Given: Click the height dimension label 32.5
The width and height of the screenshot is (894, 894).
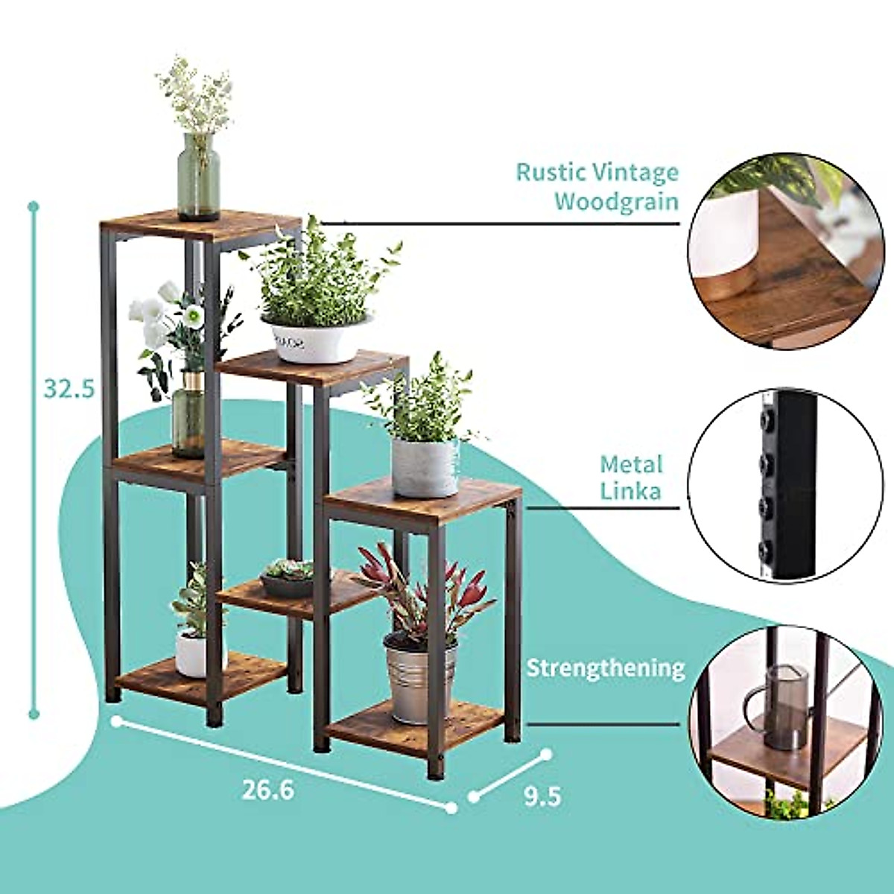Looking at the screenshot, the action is [69, 388].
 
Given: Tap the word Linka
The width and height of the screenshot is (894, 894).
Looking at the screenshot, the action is [632, 492].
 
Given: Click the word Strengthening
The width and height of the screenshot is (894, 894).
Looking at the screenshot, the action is [605, 668].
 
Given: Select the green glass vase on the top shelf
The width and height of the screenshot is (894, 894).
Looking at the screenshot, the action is [198, 177].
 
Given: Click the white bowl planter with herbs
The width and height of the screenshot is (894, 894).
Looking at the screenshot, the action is [316, 339].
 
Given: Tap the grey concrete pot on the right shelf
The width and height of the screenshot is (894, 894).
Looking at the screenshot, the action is [425, 468].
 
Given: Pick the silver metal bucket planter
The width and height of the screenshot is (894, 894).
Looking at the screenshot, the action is [420, 681].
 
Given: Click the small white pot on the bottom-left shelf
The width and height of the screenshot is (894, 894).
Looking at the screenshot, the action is [191, 654].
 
